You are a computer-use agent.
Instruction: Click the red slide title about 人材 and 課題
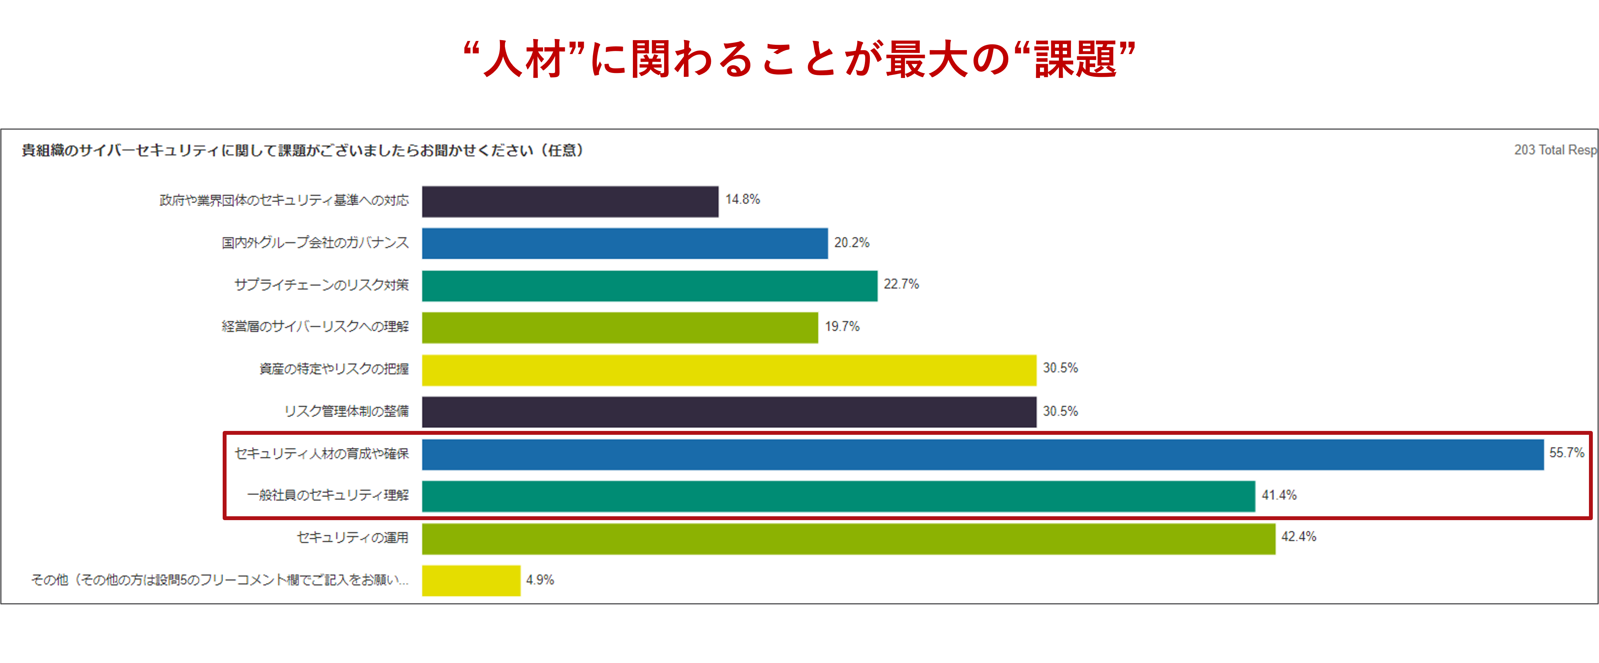[799, 59]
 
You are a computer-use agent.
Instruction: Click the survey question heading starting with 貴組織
[302, 151]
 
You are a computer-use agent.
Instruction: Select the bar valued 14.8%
[570, 202]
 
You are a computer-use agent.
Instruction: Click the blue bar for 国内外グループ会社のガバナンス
[624, 243]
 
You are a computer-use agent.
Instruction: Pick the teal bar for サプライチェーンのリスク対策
[649, 286]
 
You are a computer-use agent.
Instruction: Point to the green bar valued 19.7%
[619, 327]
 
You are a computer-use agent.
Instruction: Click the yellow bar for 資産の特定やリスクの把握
[729, 370]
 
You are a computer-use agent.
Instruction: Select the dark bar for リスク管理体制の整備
[729, 412]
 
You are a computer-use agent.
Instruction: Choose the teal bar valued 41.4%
[838, 496]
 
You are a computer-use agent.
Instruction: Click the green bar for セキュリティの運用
[848, 538]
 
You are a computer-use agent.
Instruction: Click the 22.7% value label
[901, 284]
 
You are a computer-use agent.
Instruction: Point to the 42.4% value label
[1299, 536]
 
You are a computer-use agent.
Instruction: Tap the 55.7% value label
[1566, 453]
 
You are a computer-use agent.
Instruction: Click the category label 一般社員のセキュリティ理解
[328, 495]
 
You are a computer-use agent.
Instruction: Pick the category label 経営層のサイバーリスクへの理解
[315, 327]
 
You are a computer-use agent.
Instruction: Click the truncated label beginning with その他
[220, 580]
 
